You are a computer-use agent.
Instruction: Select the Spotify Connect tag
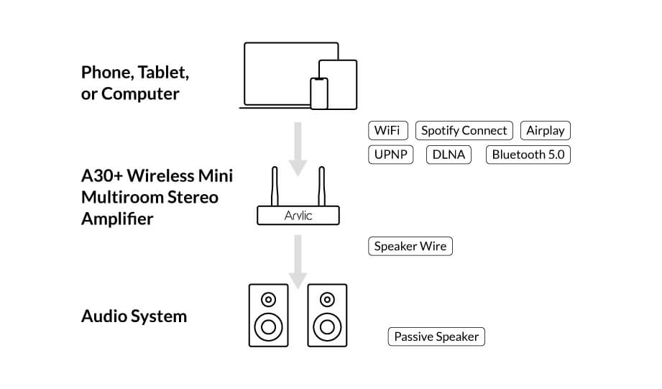(464, 131)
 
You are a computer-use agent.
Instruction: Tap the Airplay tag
(545, 131)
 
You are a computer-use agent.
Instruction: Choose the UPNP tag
(390, 155)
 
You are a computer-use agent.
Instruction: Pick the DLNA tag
(449, 155)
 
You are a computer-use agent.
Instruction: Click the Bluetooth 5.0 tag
(528, 155)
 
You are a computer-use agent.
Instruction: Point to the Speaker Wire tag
(410, 247)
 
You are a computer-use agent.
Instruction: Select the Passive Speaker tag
(436, 337)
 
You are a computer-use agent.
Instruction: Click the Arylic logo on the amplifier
(298, 215)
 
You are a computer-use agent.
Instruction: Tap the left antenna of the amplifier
(274, 186)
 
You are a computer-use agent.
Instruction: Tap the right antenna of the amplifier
(323, 186)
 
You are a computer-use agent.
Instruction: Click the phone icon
(319, 93)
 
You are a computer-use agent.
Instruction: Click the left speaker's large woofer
(268, 327)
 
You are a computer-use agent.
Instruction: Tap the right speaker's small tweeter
(327, 299)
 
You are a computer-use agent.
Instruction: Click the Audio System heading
(134, 316)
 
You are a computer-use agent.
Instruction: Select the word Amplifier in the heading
(117, 219)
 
